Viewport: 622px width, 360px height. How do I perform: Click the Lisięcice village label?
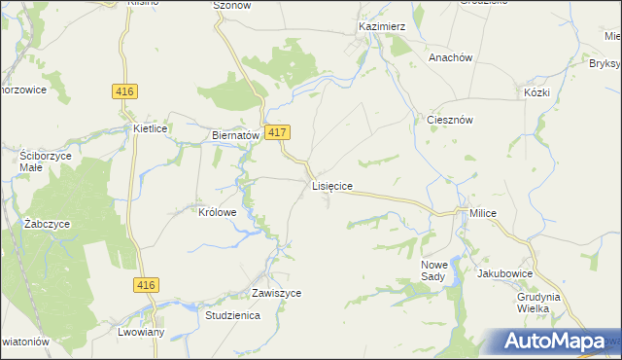click(x=331, y=184)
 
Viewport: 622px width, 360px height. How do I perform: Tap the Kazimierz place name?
click(x=381, y=26)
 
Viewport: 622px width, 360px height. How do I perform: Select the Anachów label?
click(x=450, y=57)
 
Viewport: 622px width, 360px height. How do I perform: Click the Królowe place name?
click(x=218, y=211)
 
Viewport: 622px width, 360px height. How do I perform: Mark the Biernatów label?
click(x=234, y=136)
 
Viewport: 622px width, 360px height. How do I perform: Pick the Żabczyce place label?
click(x=49, y=223)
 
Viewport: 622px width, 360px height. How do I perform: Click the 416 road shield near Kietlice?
click(x=124, y=90)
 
